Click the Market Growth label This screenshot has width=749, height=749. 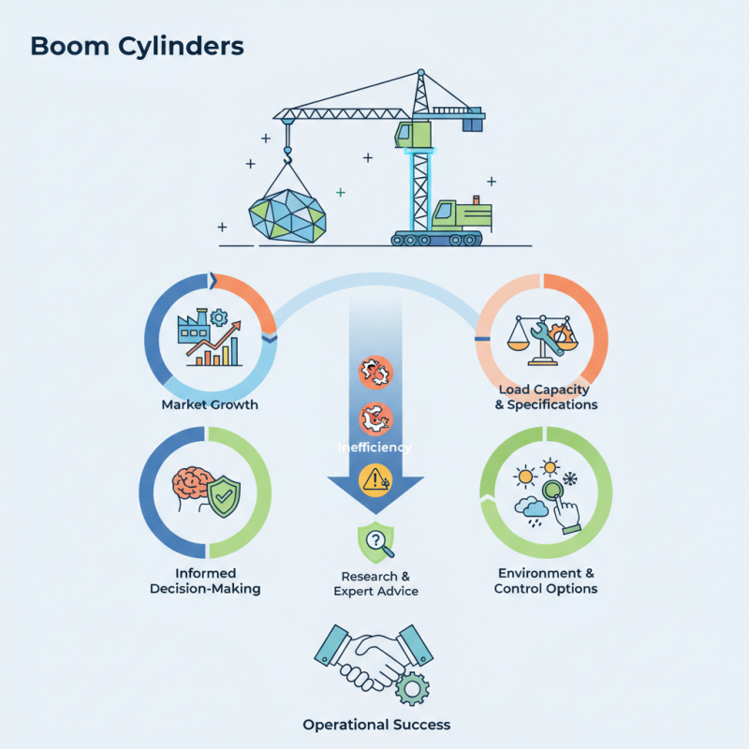pyautogui.click(x=210, y=404)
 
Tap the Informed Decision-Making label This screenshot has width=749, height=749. pyautogui.click(x=205, y=580)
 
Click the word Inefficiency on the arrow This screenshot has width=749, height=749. pyautogui.click(x=375, y=448)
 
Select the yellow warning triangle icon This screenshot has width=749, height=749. pyautogui.click(x=375, y=479)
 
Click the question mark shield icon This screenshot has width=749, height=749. pyautogui.click(x=375, y=540)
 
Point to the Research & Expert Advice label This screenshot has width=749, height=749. pyautogui.click(x=375, y=583)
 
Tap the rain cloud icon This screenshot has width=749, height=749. pyautogui.click(x=533, y=507)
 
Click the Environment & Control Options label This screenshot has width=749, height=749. pyautogui.click(x=546, y=580)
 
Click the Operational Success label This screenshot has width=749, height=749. pyautogui.click(x=376, y=725)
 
